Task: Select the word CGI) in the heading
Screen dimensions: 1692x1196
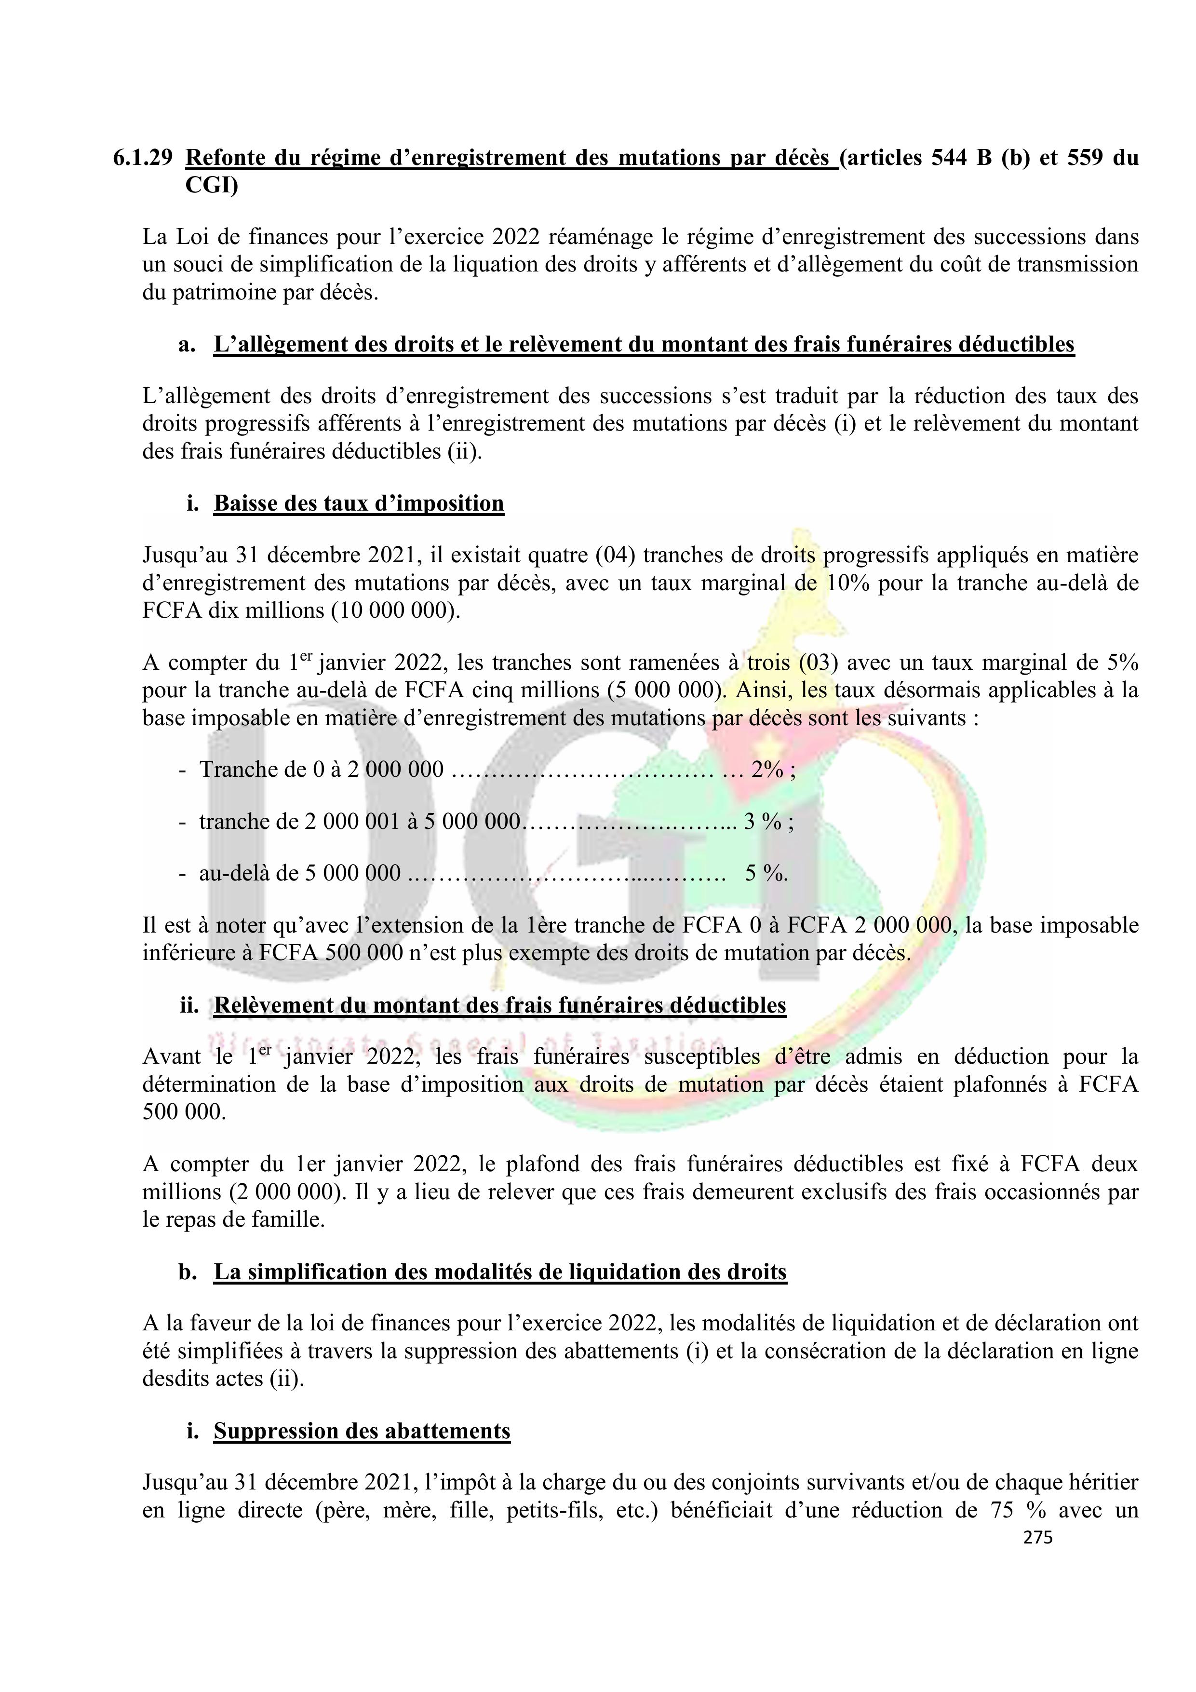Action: point(212,187)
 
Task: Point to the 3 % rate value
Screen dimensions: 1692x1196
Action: point(763,821)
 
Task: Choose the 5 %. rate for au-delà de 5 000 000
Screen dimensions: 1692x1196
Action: point(766,873)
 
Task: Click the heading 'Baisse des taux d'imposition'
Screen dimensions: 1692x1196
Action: point(359,503)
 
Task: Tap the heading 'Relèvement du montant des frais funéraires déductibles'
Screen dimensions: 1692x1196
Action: point(500,1005)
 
